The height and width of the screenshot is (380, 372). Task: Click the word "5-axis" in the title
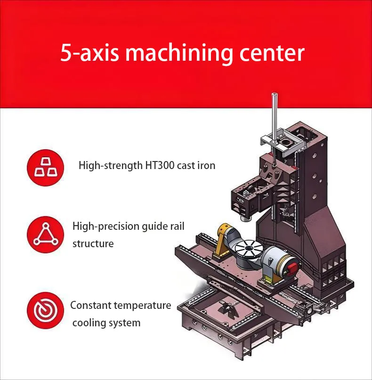click(x=89, y=52)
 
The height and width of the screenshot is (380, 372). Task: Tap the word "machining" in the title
click(x=178, y=54)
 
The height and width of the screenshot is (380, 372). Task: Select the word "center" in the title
click(x=272, y=53)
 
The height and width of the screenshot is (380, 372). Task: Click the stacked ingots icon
click(x=45, y=168)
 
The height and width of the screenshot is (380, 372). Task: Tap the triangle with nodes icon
click(x=45, y=234)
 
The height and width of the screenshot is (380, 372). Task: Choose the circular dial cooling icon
click(x=45, y=310)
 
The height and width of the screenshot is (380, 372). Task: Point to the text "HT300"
click(x=160, y=166)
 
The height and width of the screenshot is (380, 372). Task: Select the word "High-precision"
click(x=105, y=226)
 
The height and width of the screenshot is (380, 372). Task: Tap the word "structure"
click(x=93, y=244)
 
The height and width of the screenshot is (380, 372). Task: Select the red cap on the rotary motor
click(x=292, y=268)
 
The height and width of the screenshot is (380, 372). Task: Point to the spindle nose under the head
click(x=246, y=218)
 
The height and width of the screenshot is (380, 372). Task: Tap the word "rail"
click(x=176, y=226)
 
